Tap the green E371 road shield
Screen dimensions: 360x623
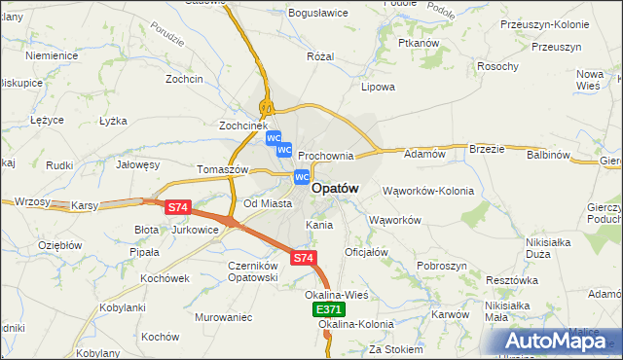328,309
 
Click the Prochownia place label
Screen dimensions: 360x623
325,156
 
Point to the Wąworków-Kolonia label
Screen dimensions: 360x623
427,191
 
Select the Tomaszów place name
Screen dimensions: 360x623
224,169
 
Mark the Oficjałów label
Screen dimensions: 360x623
367,252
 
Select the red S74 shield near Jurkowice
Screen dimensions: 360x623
177,207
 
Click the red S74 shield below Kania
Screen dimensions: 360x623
304,258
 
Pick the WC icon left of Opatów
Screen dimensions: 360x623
302,177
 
